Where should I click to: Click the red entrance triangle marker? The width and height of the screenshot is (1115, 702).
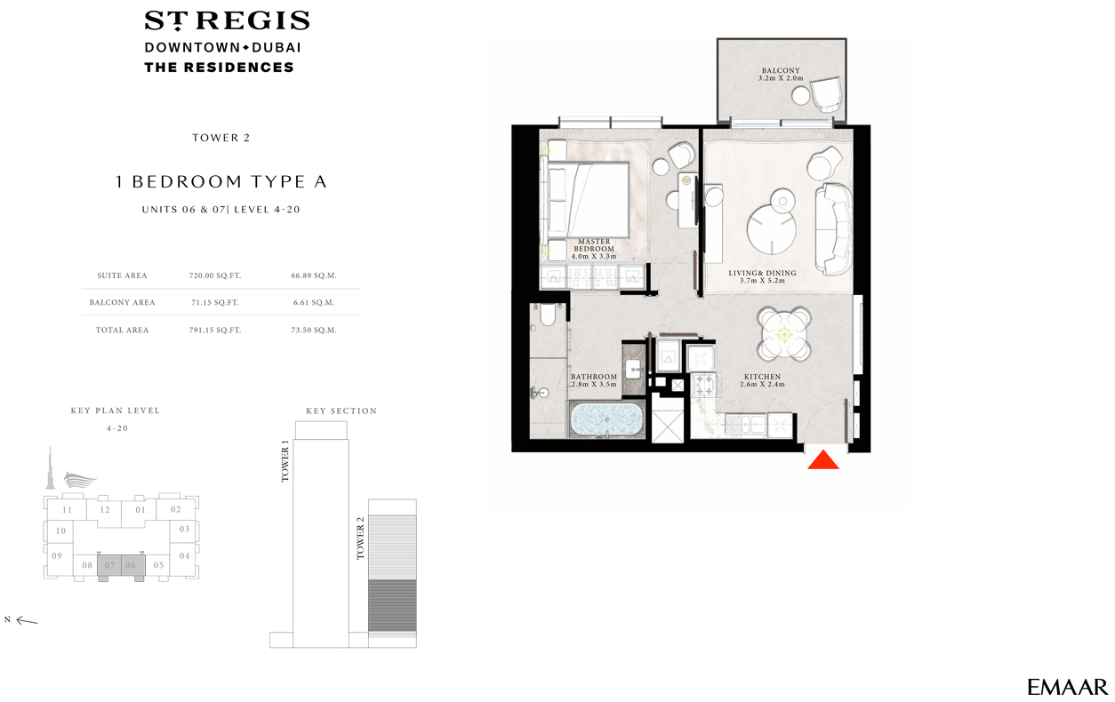tap(822, 460)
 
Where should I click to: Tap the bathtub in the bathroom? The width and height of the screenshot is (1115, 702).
tap(606, 419)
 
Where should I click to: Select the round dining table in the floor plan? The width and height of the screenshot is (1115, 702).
tap(784, 334)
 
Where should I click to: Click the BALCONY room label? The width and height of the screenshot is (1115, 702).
tap(781, 71)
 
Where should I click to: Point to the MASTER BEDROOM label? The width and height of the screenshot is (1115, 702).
tap(594, 245)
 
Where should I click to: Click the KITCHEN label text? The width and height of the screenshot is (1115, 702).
tap(762, 377)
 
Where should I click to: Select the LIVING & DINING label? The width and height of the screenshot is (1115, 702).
tap(762, 273)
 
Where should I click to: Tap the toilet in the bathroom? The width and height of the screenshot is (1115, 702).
tap(548, 315)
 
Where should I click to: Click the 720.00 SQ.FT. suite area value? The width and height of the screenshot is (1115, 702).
tap(215, 275)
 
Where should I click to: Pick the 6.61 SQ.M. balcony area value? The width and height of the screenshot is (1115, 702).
tap(314, 302)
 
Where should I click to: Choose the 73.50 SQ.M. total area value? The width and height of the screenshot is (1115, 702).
tap(314, 330)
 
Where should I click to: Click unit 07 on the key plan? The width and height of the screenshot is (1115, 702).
tap(109, 565)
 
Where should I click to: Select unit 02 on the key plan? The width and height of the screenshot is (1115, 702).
tap(176, 509)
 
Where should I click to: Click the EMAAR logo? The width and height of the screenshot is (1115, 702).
tap(1067, 687)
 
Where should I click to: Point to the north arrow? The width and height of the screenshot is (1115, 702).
tap(27, 620)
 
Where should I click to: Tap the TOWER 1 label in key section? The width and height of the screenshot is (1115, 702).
tap(285, 460)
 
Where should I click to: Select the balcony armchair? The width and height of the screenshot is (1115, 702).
tap(826, 95)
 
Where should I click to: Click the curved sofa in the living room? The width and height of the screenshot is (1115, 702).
tap(833, 229)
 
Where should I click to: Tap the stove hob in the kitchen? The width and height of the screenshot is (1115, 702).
tap(703, 385)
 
